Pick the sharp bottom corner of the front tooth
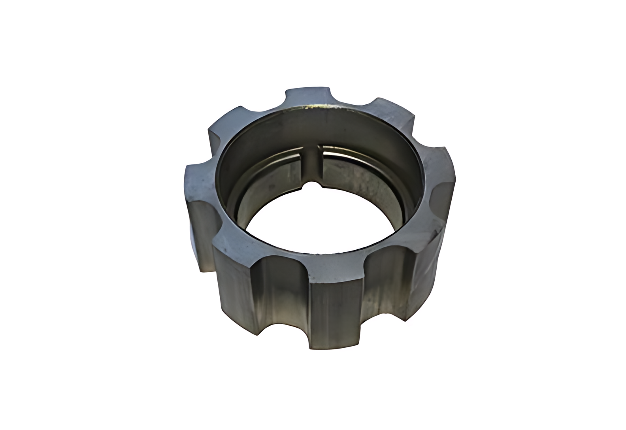click(311, 348)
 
